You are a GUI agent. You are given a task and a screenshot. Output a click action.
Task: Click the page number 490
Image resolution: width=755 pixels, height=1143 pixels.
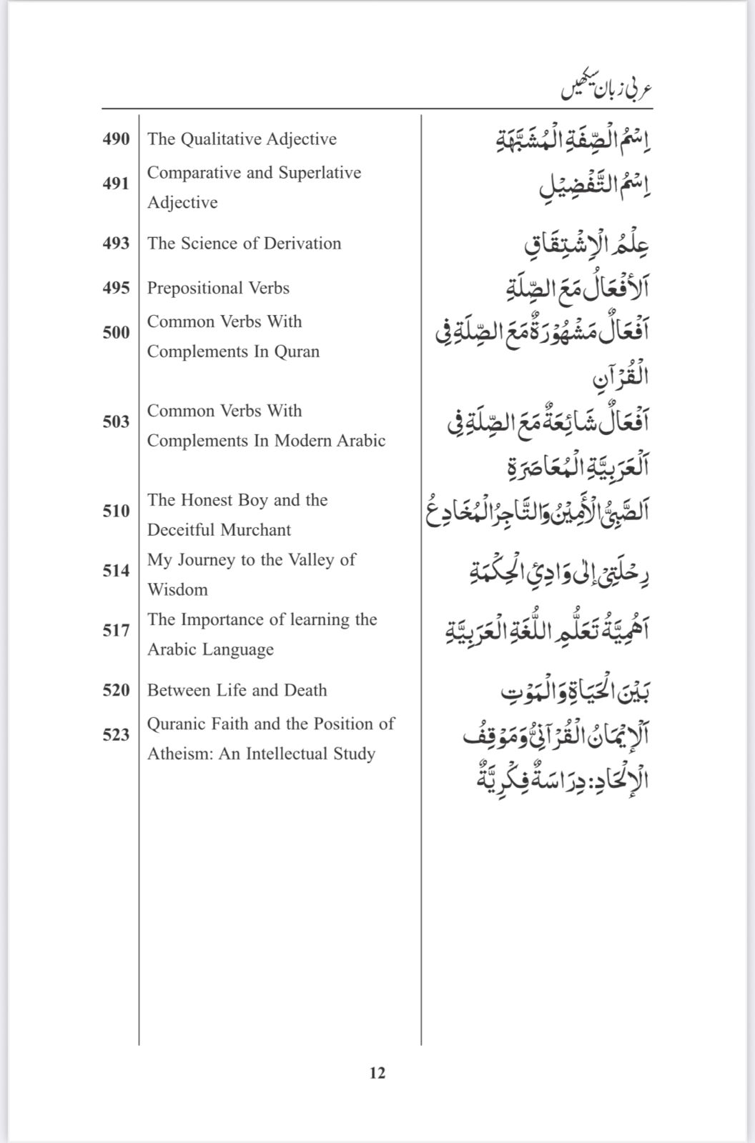pos(116,139)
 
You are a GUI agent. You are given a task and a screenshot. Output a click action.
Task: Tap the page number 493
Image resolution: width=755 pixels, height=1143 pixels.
pos(116,244)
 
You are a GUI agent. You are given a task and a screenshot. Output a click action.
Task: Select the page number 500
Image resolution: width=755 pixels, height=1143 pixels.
pos(116,333)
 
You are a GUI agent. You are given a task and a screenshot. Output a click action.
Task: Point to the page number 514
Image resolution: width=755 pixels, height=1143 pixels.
pos(116,571)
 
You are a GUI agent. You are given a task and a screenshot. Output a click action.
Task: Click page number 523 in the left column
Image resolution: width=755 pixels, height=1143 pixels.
pos(116,735)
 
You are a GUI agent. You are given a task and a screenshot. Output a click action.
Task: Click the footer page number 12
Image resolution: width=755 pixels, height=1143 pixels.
pos(377,1072)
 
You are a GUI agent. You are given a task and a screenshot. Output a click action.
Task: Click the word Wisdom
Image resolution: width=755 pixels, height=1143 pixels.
pos(177,590)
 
